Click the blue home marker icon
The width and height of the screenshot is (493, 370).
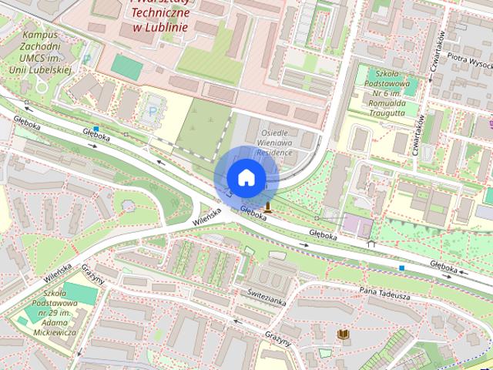tap(245, 177)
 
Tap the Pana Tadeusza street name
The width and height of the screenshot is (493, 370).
tap(384, 293)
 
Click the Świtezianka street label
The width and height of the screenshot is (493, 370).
tap(267, 296)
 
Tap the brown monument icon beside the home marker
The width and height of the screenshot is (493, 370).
tap(267, 205)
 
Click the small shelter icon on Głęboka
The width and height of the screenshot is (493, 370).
tap(372, 244)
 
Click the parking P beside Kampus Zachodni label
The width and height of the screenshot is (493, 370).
tap(86, 59)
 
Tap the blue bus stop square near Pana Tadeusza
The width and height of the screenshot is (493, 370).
tap(401, 268)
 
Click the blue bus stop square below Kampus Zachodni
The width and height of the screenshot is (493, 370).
tap(96, 129)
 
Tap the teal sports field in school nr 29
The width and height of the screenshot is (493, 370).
tap(80, 294)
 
